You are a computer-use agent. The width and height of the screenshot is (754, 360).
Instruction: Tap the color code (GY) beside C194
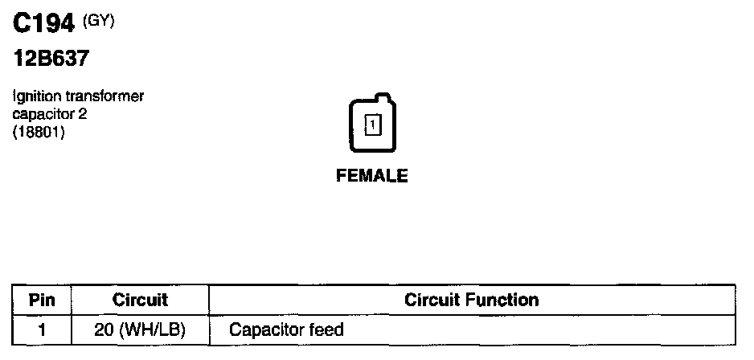tap(99, 22)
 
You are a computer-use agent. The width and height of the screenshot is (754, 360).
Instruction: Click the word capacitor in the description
tap(44, 114)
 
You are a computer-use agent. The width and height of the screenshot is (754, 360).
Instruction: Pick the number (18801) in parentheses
tap(39, 132)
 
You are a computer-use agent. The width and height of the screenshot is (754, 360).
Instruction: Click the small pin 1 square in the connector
tap(373, 125)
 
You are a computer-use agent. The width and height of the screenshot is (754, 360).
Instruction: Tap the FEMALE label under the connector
tap(372, 176)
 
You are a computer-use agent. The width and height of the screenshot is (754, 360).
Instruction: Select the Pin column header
tap(42, 301)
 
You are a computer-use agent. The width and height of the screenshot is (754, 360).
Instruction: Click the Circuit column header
tap(140, 301)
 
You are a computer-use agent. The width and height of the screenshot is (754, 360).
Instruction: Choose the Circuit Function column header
tap(471, 301)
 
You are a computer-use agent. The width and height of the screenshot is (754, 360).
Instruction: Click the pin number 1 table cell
tap(42, 329)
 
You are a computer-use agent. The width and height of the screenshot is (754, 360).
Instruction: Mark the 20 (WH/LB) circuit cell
tap(140, 329)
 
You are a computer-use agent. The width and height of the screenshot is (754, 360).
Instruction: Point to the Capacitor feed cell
tap(286, 329)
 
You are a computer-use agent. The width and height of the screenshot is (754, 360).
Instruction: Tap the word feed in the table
tap(327, 329)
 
